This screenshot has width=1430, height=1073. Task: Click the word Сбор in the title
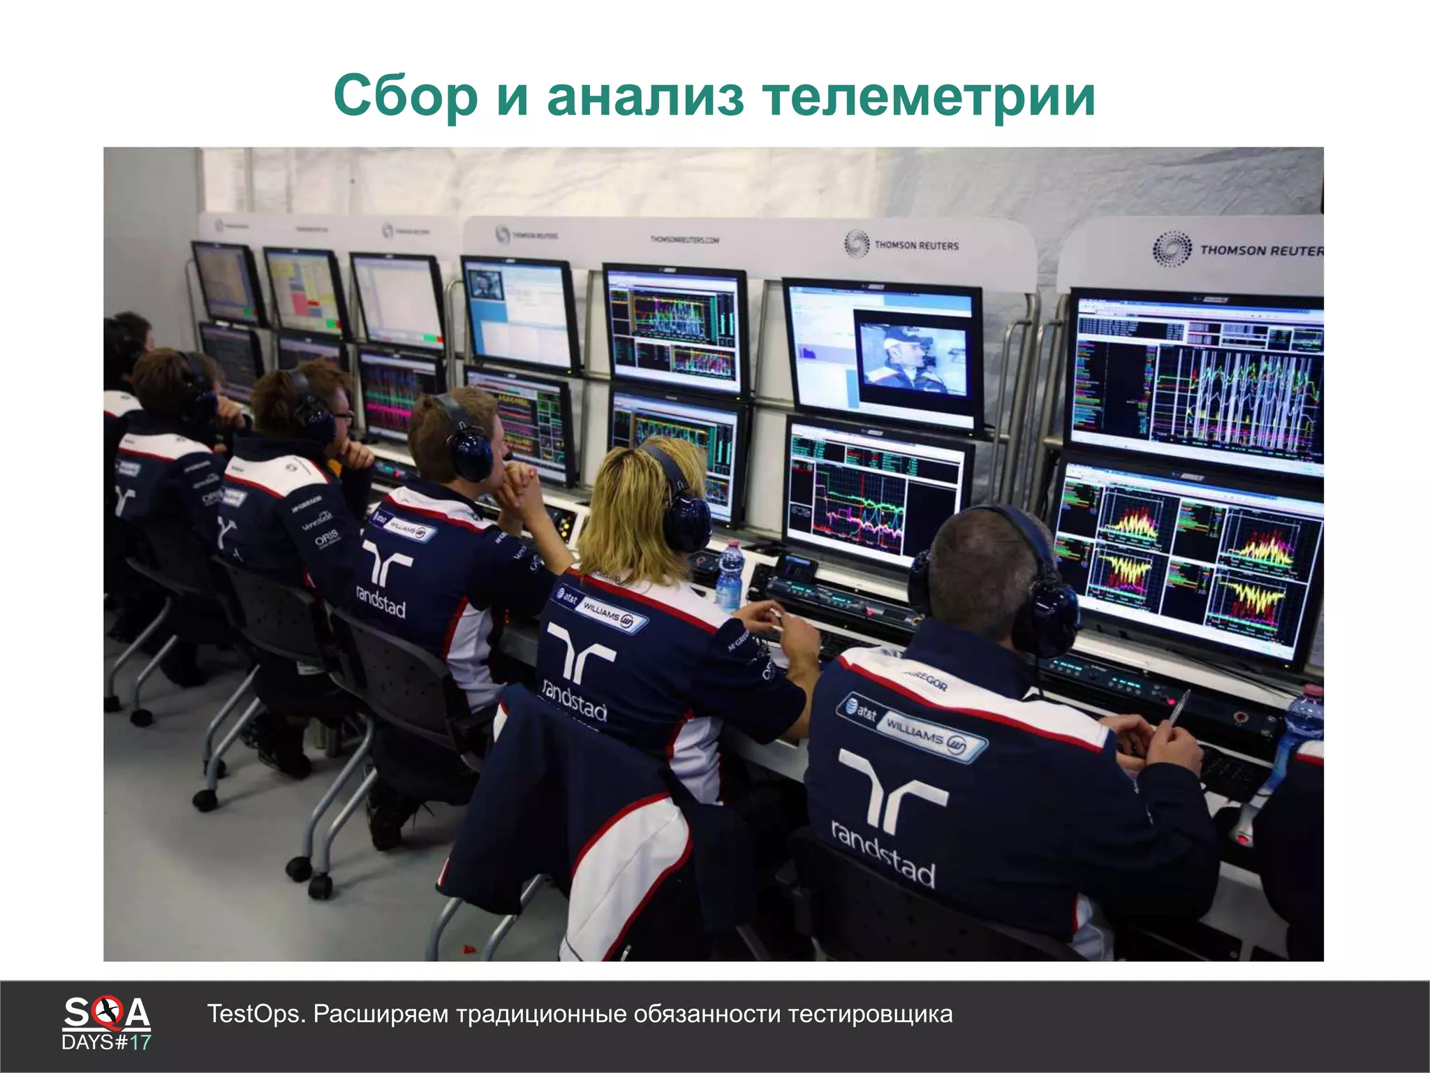coord(404,96)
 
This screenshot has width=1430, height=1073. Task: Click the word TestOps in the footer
coord(256,1014)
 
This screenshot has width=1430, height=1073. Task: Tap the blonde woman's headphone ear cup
coord(686,524)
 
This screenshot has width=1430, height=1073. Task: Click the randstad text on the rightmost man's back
coord(884,854)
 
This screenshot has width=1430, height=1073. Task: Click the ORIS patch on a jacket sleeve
coord(326,539)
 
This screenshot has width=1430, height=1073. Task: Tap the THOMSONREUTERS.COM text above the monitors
coord(684,240)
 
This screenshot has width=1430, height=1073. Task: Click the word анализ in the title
coord(646,96)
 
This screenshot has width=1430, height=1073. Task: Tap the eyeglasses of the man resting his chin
coord(344,415)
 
